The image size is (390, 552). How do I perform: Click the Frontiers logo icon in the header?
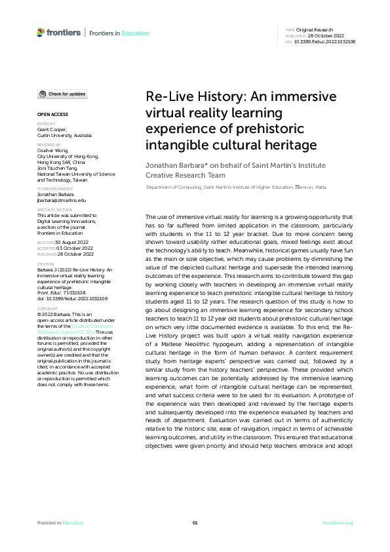coord(41,32)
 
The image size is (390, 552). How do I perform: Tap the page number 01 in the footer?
coord(195,522)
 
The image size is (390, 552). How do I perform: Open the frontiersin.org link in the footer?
coord(338,522)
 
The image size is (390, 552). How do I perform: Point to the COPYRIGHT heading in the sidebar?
coord(47,308)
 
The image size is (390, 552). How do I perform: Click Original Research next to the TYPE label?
coord(316,30)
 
